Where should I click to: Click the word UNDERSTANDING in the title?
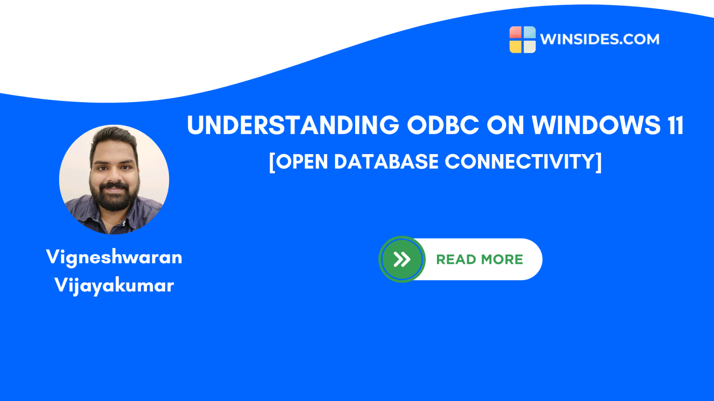pos(293,125)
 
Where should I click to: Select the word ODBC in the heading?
pos(443,125)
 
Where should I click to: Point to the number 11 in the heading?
pos(676,125)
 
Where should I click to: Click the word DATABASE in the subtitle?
pos(386,162)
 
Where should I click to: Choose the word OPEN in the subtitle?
pos(302,162)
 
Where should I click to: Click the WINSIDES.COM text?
pos(600,39)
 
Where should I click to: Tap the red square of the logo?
pos(516,32)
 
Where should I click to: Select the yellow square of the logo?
pos(516,46)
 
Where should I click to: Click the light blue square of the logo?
pos(529,32)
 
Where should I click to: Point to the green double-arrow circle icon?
pos(402,259)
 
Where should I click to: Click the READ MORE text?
pos(479,259)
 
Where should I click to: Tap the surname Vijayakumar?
pos(114,285)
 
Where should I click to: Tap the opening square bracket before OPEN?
pos(272,162)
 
